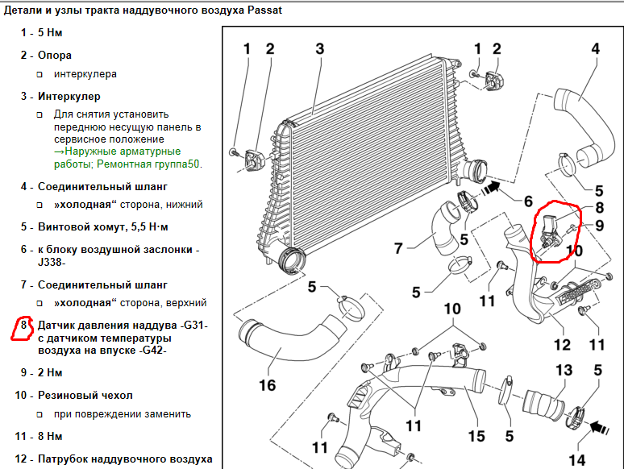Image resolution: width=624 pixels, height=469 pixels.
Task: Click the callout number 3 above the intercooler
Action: [x=319, y=49]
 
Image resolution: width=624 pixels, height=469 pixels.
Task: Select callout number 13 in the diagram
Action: [x=564, y=370]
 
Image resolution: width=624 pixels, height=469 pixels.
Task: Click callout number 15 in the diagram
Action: [x=476, y=435]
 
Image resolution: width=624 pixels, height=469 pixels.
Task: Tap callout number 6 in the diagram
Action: [x=528, y=201]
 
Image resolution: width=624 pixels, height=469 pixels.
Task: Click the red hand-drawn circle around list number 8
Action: [x=23, y=327]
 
